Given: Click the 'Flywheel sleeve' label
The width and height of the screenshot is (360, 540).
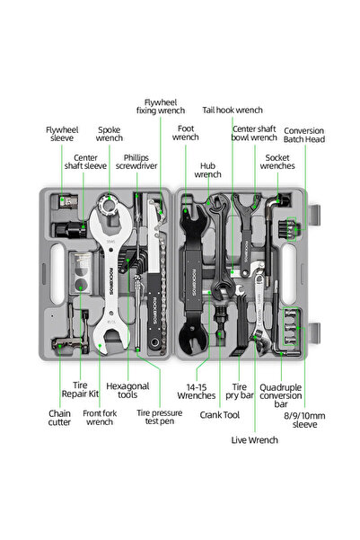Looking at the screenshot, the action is click(62, 134).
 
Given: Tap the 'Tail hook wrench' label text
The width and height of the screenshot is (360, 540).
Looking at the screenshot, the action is click(233, 111).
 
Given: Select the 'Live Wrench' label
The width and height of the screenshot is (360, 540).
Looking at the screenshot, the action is click(254, 439).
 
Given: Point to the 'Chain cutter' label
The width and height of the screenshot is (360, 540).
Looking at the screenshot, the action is click(59, 418).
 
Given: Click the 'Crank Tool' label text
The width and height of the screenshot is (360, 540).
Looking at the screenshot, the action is click(220, 415).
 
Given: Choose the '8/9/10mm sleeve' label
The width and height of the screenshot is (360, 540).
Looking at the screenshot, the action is click(304, 420).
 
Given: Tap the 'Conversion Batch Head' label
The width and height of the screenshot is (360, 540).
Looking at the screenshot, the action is click(304, 135).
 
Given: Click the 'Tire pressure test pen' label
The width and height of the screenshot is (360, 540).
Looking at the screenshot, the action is click(159, 417).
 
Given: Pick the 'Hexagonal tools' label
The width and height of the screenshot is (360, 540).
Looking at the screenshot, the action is click(127, 390).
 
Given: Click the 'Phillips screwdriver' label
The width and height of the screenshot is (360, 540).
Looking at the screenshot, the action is click(136, 162).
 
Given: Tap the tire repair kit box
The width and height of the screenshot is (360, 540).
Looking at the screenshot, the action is click(81, 273).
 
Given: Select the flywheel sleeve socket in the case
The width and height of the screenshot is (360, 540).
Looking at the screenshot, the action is click(68, 202).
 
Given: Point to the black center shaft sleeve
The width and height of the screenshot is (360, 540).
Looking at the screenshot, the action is click(70, 230).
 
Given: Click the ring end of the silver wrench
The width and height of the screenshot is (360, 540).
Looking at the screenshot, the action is click(110, 205).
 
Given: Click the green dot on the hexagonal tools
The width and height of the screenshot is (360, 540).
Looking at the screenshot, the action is click(127, 260).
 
